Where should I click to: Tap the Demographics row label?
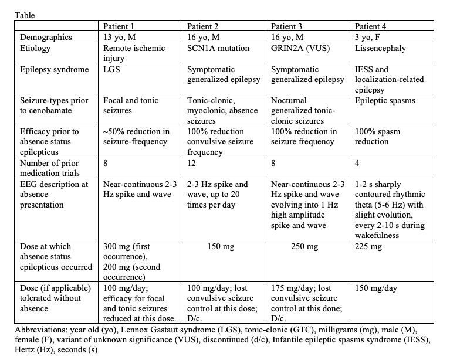tap(46, 36)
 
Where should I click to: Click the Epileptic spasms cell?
tap(384, 100)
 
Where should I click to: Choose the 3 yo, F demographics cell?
tap(370, 36)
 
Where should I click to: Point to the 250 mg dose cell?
tap(304, 247)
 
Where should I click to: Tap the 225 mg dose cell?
tap(368, 247)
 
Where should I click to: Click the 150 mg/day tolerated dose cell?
tap(376, 288)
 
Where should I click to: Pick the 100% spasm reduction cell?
tap(377, 137)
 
